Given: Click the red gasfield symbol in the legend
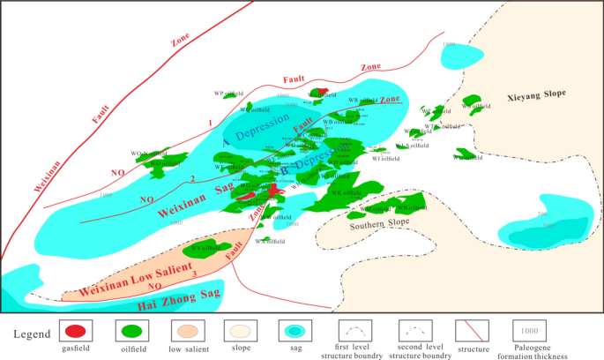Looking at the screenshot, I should pos(75,332).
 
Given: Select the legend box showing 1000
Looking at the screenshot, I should pos(526,332).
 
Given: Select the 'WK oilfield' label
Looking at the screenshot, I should pos(345,192).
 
